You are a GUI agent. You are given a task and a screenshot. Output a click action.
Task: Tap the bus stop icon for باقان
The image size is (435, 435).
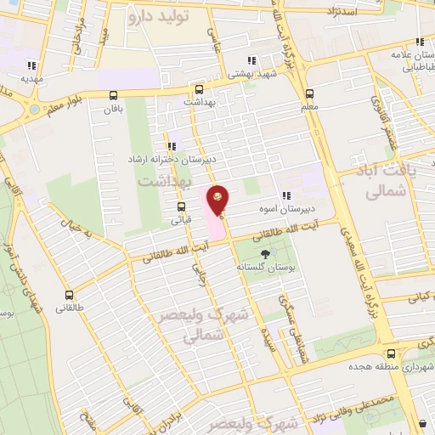(x=114, y=95)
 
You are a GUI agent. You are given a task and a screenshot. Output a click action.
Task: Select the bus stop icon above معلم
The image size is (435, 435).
(x=309, y=94)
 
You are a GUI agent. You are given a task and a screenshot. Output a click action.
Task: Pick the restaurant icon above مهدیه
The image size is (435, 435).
(x=31, y=65)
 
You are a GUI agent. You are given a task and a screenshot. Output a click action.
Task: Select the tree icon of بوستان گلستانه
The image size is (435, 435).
(x=267, y=254)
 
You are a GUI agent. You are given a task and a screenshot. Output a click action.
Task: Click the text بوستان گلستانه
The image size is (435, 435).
(x=267, y=268)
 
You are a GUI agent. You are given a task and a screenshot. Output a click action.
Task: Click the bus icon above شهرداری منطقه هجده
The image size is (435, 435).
(x=390, y=353)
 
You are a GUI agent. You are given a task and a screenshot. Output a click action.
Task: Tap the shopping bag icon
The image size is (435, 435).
(x=422, y=423)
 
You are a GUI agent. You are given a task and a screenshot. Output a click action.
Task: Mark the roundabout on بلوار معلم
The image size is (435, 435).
(x=35, y=110)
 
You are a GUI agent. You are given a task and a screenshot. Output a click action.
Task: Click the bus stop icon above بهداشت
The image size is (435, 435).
(x=199, y=88)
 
